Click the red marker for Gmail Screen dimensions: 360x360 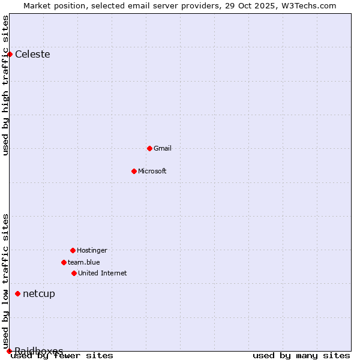tap(149, 148)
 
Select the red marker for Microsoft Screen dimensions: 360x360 tap(134, 171)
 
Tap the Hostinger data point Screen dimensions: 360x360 tap(73, 250)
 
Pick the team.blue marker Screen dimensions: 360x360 tap(64, 262)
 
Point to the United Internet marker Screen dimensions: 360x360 tap(74, 273)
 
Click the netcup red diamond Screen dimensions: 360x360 tap(18, 293)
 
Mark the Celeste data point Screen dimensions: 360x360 tap(10, 55)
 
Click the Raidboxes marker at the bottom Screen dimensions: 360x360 tap(9, 351)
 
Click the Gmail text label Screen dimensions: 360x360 tap(163, 148)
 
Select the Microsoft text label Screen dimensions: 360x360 tap(152, 171)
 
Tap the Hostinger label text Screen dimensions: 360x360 tap(92, 250)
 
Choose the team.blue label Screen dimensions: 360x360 tap(84, 262)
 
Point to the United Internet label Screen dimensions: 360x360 tap(103, 273)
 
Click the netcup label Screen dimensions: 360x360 tap(39, 293)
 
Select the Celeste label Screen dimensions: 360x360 tap(32, 55)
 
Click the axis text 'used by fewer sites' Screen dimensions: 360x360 tap(62, 356)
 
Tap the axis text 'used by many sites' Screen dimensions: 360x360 tap(301, 356)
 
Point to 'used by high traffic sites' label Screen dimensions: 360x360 tap(5, 85)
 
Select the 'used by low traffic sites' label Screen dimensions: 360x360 tap(5, 281)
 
